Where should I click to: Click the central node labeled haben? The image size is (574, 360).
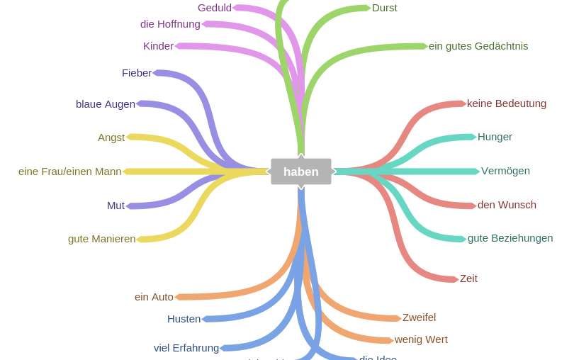coord(300,171)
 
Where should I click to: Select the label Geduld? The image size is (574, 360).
coord(214,8)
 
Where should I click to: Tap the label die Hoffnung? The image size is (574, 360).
coord(170,24)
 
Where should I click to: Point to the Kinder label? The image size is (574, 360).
coord(158,46)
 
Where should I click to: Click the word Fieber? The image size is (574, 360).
coord(137,73)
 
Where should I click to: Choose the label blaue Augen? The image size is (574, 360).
coord(106,104)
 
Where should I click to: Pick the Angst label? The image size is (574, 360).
coord(111,137)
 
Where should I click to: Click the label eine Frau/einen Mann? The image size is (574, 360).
coord(70,171)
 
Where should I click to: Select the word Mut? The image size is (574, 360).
coord(116,206)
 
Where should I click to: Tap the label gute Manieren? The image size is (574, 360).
coord(101,239)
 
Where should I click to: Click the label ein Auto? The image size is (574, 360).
coord(154,297)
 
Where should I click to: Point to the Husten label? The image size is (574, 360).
coord(184,319)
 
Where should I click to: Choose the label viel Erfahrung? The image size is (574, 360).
coord(186,348)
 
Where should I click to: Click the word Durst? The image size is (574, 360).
coord(385,8)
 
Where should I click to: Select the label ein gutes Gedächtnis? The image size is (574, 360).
coord(478,46)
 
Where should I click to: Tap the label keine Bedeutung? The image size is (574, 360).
coord(507,103)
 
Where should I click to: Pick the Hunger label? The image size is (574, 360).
coord(495,137)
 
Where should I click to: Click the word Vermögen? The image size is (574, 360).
coord(505,171)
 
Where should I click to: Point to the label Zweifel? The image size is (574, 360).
coord(419,317)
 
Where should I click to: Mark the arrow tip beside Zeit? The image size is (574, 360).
coord(456,279)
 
